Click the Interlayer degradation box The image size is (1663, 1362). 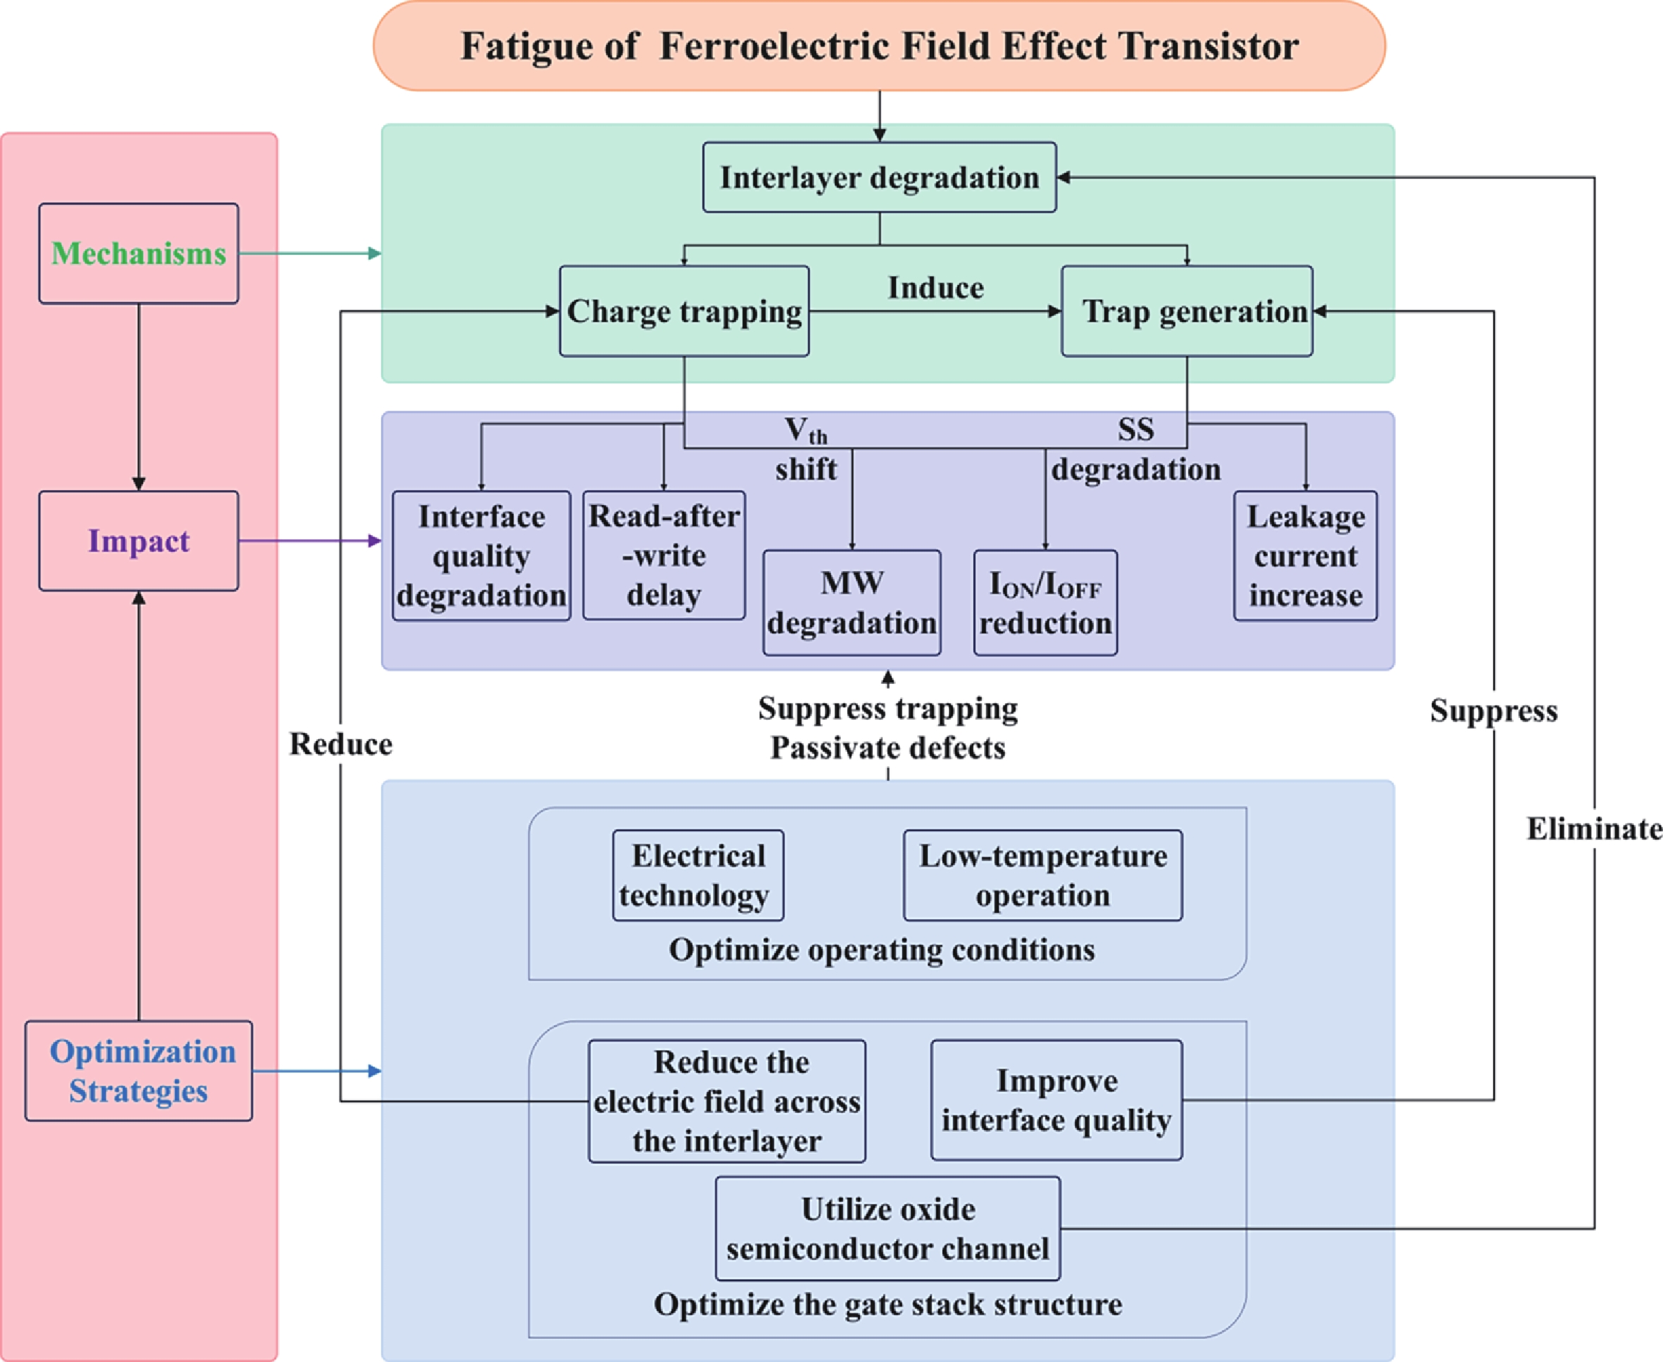[x=879, y=177]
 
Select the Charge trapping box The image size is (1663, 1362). [x=684, y=311]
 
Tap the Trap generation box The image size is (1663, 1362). [x=1186, y=311]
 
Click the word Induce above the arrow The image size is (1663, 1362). [x=935, y=288]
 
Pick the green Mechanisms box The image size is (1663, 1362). [x=139, y=254]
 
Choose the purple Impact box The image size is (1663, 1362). [x=139, y=541]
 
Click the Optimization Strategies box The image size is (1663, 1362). [x=139, y=1070]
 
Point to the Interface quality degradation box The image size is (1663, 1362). [x=481, y=556]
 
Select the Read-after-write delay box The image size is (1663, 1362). [x=664, y=555]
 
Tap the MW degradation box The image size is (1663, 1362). [x=852, y=603]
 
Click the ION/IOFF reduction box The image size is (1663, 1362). [x=1045, y=603]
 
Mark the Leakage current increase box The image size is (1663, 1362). [x=1305, y=556]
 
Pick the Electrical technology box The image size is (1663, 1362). [x=697, y=875]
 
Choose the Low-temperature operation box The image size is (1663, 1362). [x=1043, y=875]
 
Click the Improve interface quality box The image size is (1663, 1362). [x=1056, y=1100]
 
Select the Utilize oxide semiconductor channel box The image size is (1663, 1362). [x=887, y=1227]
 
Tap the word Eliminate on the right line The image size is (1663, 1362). [x=1593, y=828]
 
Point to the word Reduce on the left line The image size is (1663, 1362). [x=341, y=744]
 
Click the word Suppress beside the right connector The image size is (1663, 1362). [x=1493, y=710]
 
